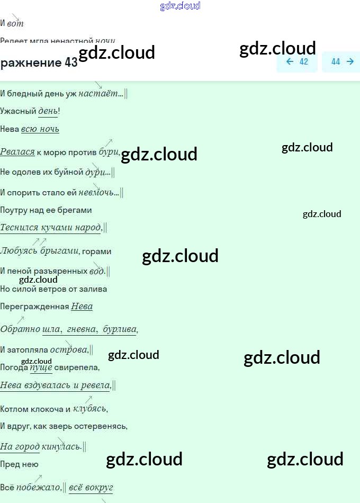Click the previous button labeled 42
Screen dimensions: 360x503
pyautogui.click(x=297, y=61)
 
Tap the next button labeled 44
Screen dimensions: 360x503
pyautogui.click(x=342, y=61)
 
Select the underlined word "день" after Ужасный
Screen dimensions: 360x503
pyautogui.click(x=48, y=111)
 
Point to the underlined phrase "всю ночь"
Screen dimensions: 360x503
pyautogui.click(x=40, y=129)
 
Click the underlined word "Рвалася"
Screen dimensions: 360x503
pyautogui.click(x=17, y=152)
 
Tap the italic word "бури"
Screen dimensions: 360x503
pyautogui.click(x=109, y=152)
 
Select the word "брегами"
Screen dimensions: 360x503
pyautogui.click(x=76, y=210)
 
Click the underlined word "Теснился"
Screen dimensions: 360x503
pyautogui.click(x=19, y=228)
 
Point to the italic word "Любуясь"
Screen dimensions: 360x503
pyautogui.click(x=19, y=251)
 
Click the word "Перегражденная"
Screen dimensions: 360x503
pyautogui.click(x=34, y=307)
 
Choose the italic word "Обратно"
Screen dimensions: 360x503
pyautogui.click(x=20, y=329)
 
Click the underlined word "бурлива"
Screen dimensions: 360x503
pyautogui.click(x=120, y=329)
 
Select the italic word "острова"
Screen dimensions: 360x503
pyautogui.click(x=69, y=349)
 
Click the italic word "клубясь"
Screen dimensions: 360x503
pyautogui.click(x=89, y=409)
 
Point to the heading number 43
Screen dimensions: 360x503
pyautogui.click(x=71, y=62)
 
